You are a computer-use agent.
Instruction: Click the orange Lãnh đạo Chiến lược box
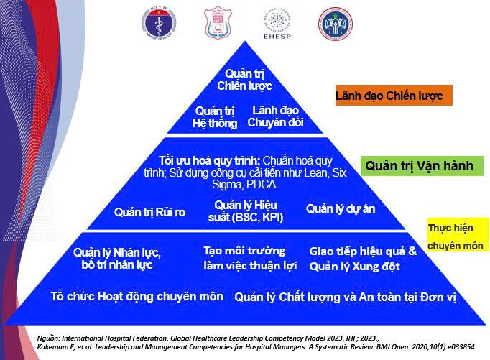(x=393, y=96)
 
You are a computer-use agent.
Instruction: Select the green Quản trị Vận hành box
(x=419, y=166)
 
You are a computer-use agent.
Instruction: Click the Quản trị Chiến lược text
(x=244, y=80)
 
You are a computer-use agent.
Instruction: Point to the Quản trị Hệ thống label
(x=214, y=116)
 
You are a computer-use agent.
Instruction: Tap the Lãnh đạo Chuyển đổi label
(x=275, y=116)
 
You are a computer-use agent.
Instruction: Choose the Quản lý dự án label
(x=340, y=209)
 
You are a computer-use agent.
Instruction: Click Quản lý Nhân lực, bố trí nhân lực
(x=116, y=259)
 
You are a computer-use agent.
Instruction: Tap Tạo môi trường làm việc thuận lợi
(x=244, y=258)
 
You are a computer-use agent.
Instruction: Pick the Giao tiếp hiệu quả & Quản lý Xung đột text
(x=363, y=259)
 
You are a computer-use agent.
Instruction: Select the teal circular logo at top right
(x=336, y=22)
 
